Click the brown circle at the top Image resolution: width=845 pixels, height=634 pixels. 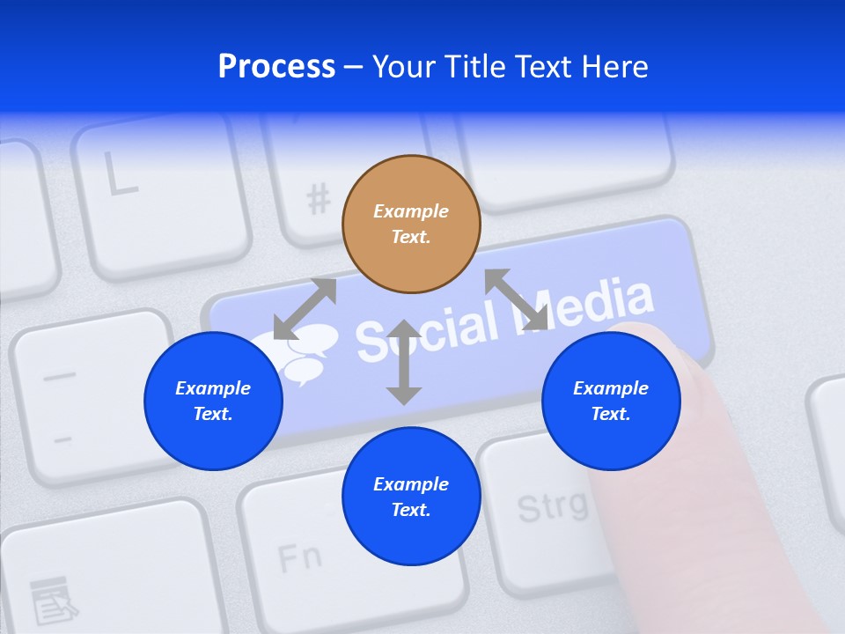pyautogui.click(x=411, y=224)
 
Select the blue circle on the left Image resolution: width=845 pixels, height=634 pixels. pyautogui.click(x=213, y=401)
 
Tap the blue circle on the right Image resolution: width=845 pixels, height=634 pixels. pyautogui.click(x=611, y=401)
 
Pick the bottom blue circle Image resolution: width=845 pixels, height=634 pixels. pyautogui.click(x=411, y=497)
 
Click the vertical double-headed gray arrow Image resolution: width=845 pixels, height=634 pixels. pyautogui.click(x=404, y=362)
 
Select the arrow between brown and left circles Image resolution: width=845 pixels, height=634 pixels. pyautogui.click(x=305, y=309)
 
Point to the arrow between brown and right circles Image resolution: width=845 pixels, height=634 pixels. pyautogui.click(x=517, y=299)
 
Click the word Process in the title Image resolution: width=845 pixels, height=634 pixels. pyautogui.click(x=276, y=66)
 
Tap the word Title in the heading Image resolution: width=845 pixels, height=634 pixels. pyautogui.click(x=474, y=66)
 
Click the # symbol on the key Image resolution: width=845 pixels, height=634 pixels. pyautogui.click(x=319, y=201)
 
